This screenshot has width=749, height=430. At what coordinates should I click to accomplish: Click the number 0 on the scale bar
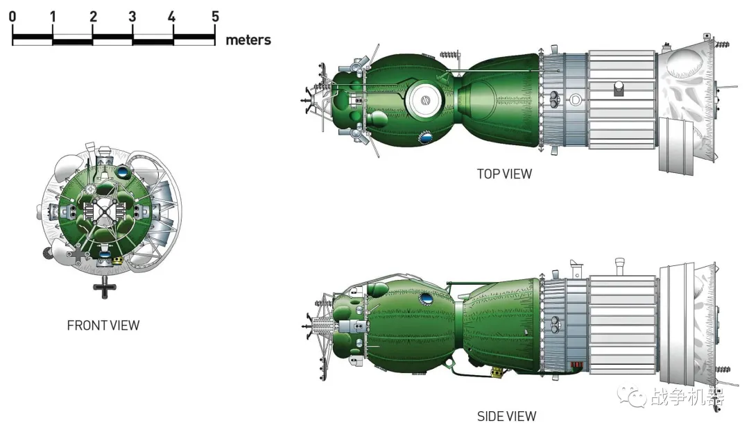click(x=12, y=17)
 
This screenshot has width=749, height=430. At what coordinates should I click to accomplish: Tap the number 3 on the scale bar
click(x=132, y=17)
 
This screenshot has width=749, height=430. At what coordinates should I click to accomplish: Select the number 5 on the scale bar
click(x=216, y=17)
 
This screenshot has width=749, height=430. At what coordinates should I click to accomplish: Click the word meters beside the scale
click(x=248, y=40)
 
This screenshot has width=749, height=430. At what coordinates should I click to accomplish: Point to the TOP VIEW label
click(x=504, y=174)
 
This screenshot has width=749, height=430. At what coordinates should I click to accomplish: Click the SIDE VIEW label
click(x=507, y=416)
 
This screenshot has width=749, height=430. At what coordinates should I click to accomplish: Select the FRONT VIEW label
click(x=103, y=325)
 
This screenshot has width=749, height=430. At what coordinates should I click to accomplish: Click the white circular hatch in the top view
click(x=424, y=100)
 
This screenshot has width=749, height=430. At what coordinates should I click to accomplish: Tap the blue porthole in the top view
click(x=425, y=138)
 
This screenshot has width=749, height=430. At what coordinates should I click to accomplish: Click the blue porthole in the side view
click(x=425, y=300)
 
